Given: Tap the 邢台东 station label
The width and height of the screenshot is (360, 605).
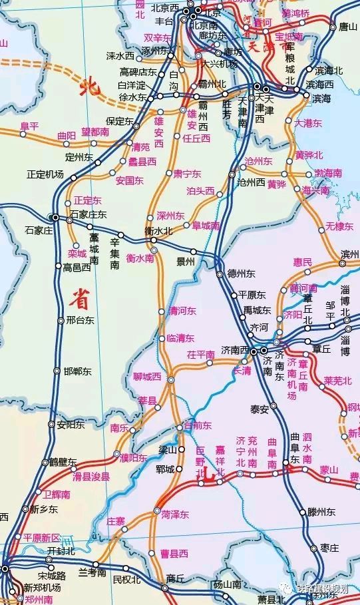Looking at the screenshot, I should [x=80, y=320].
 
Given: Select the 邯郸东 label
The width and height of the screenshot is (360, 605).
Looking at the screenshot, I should [x=80, y=371].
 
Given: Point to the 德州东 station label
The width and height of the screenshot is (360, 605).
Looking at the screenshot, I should [x=241, y=274].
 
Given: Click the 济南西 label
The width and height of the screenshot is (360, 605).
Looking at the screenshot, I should [x=235, y=350].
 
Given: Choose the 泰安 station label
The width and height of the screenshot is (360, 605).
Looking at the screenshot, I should [x=259, y=409].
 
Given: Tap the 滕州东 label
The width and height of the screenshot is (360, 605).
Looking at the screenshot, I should [x=323, y=512].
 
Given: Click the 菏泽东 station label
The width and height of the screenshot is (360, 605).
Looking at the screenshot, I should [x=175, y=514].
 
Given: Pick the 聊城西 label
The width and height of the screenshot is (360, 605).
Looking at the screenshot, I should [x=147, y=376].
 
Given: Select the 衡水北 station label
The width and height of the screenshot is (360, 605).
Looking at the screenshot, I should [x=158, y=230].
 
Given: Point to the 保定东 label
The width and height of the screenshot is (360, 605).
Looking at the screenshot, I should [x=120, y=121].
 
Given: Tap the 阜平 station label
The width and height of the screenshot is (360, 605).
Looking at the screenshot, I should [x=29, y=125].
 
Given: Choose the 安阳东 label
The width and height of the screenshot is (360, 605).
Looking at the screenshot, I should [x=71, y=424].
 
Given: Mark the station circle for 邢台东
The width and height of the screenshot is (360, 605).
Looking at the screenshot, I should [x=59, y=320].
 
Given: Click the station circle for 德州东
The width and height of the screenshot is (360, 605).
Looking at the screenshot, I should [x=220, y=274].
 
